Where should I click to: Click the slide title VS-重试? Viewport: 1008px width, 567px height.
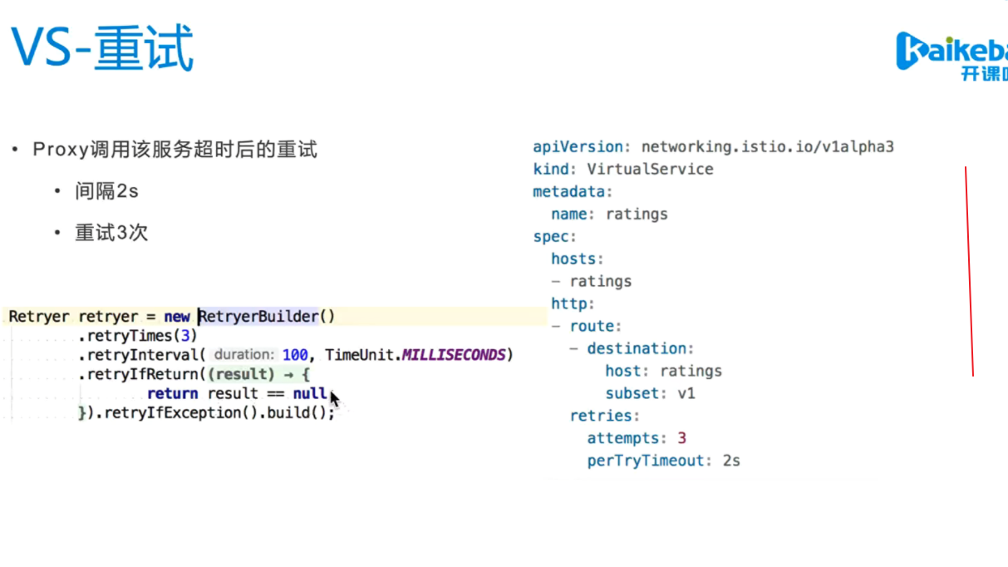101,48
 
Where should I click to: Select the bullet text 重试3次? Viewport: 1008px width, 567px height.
111,233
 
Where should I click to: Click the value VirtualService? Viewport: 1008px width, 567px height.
650,170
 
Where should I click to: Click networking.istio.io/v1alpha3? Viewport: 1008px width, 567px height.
767,147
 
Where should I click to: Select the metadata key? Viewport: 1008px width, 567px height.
569,192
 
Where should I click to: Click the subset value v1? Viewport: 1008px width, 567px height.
686,393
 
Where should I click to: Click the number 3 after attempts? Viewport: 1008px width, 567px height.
681,438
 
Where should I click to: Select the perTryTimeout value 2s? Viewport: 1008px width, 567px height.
730,461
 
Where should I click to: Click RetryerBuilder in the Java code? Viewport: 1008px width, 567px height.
258,317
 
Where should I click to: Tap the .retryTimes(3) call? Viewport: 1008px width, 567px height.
138,336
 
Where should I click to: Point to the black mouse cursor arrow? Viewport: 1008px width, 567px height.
334,398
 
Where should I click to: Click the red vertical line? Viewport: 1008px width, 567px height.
969,271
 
